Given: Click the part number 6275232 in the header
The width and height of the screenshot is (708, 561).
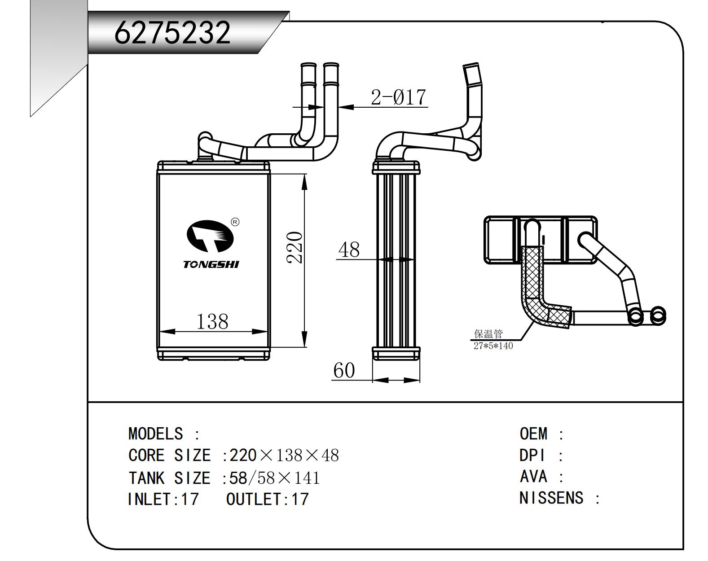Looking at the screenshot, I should click(x=172, y=32).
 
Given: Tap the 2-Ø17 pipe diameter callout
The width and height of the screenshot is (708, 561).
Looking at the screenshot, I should click(x=398, y=97).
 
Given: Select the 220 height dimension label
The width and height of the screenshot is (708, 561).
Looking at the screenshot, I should click(x=295, y=247).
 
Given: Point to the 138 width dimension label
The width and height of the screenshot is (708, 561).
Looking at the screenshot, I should click(x=212, y=321).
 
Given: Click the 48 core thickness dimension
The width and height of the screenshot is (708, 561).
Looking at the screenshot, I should click(x=349, y=250).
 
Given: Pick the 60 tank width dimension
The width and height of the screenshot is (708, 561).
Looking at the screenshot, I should click(x=344, y=371).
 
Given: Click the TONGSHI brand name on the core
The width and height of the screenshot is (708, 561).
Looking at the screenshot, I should click(x=211, y=264).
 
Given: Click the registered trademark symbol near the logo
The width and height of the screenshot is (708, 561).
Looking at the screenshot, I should click(x=235, y=222).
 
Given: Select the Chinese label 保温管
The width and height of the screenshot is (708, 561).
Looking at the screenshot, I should click(x=488, y=334).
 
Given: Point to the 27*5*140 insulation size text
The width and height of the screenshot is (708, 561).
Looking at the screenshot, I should click(x=493, y=346).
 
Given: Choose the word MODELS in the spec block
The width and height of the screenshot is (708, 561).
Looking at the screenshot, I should click(x=155, y=434).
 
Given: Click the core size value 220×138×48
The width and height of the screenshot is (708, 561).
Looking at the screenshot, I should click(x=284, y=456).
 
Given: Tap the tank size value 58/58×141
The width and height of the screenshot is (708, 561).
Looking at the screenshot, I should click(x=274, y=478).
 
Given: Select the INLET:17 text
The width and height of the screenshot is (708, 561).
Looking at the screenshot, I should click(x=163, y=499).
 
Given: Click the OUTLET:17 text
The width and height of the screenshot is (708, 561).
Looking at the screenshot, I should click(x=268, y=499).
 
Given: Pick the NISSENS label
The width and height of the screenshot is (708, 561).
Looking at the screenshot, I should click(x=551, y=498).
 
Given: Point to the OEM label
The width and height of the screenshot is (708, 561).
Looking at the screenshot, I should click(x=533, y=434).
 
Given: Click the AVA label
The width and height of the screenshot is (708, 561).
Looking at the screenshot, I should click(x=533, y=477).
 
